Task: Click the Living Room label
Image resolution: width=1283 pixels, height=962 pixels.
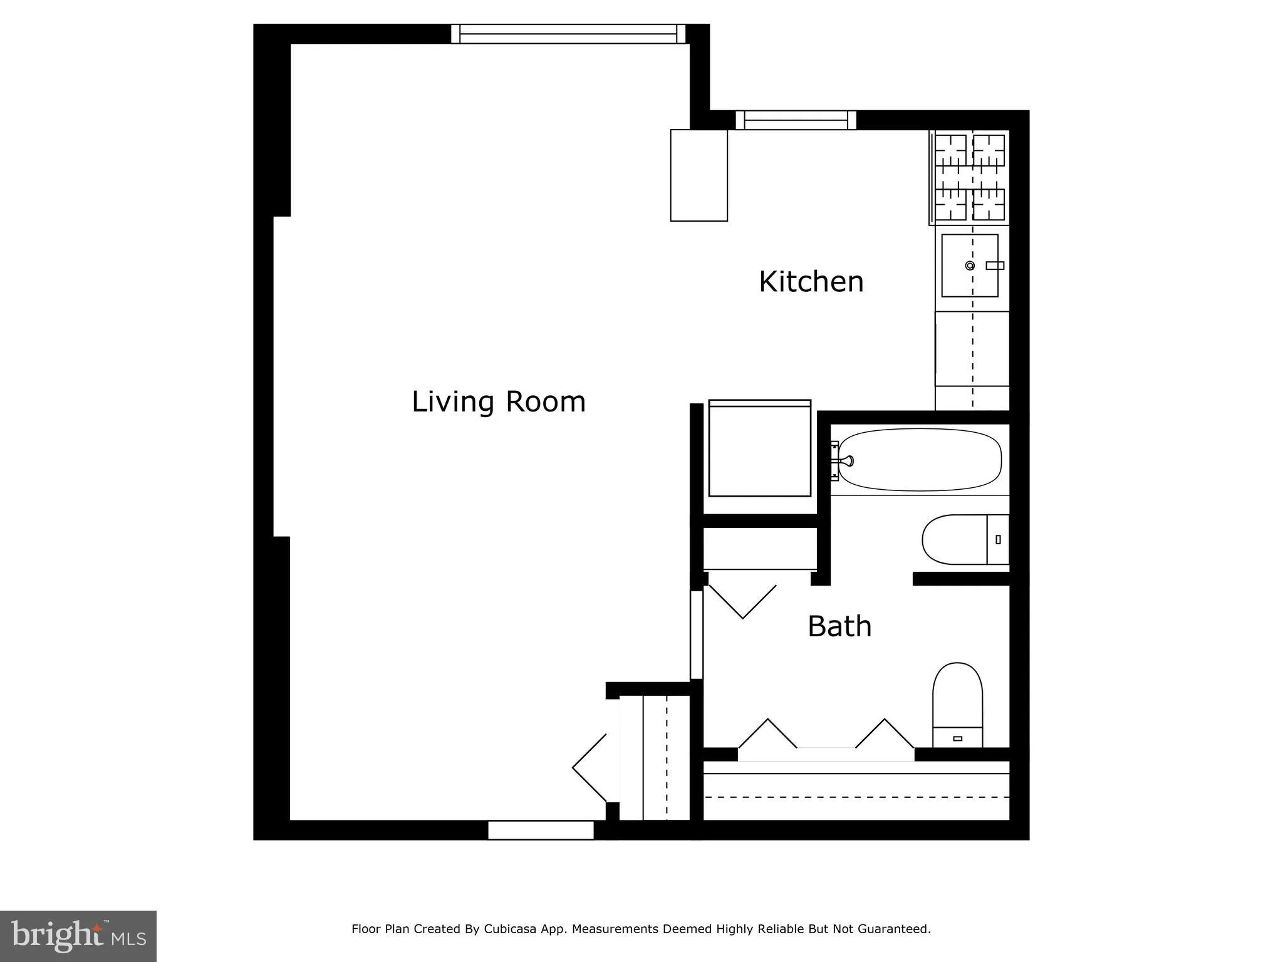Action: (499, 401)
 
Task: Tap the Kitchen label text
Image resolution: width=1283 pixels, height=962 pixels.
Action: (811, 282)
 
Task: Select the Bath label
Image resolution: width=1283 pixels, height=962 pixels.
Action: (839, 626)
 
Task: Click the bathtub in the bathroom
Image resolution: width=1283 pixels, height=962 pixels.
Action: (920, 460)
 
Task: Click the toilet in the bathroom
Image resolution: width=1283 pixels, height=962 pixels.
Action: (957, 705)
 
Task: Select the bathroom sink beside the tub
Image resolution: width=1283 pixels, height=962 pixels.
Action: (965, 539)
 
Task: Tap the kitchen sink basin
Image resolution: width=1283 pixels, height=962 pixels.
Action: (970, 266)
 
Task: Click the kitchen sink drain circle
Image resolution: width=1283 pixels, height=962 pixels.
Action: (970, 266)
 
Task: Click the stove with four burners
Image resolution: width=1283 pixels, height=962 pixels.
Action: (970, 178)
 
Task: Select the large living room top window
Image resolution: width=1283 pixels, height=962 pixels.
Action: (568, 34)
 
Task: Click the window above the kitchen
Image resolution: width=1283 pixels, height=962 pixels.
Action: (796, 120)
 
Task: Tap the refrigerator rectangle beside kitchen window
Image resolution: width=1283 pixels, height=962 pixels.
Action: (699, 175)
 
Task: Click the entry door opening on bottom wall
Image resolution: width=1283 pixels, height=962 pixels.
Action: (541, 830)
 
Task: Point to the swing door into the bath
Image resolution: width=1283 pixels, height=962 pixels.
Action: (742, 601)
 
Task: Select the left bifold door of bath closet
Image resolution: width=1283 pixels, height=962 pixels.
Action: (767, 733)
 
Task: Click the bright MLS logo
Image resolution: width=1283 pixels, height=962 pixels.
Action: (78, 936)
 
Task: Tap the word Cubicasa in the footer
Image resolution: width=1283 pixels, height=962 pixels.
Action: (509, 929)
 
